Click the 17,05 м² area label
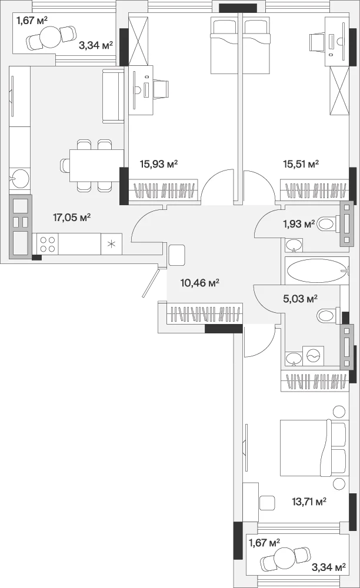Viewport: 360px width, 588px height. (x=72, y=217)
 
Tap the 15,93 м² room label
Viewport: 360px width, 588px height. (x=159, y=163)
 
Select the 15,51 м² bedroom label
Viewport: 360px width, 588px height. (x=301, y=163)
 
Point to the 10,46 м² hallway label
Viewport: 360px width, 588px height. (x=200, y=282)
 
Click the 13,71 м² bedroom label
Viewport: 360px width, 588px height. (x=309, y=501)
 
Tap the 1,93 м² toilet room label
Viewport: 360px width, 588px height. (x=299, y=224)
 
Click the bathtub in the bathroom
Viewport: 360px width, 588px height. (x=317, y=270)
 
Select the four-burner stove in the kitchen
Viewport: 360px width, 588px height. (x=48, y=244)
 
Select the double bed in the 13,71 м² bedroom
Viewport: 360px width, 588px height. (x=314, y=447)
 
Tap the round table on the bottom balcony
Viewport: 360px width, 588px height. (x=284, y=557)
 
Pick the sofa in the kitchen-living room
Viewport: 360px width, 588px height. (x=114, y=96)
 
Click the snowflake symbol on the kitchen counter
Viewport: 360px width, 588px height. (x=112, y=244)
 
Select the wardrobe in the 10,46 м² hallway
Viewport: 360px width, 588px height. (x=204, y=314)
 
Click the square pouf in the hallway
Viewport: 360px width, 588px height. (x=178, y=255)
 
